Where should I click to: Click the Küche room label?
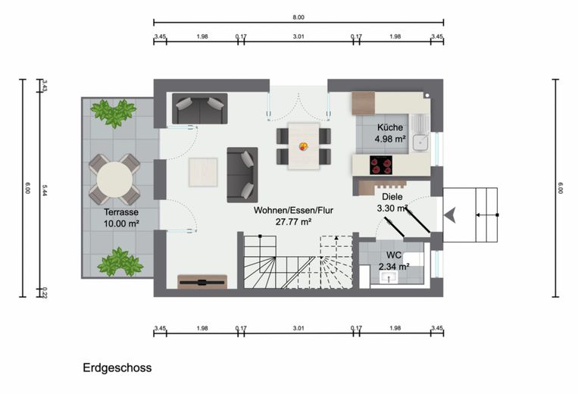[x=390, y=127]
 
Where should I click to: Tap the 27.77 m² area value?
[x=293, y=222]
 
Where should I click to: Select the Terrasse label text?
[x=121, y=212]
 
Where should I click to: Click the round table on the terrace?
[x=114, y=180]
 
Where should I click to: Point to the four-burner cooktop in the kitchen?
[x=381, y=164]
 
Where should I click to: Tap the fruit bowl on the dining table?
[x=303, y=146]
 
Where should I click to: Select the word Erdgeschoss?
[x=117, y=367]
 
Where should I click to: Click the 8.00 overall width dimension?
[x=298, y=17]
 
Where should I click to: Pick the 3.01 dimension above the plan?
[x=298, y=36]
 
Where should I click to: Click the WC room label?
[x=394, y=255]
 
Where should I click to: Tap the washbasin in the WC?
[x=388, y=277]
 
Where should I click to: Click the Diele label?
[x=392, y=197]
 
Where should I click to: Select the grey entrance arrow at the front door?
[x=450, y=215]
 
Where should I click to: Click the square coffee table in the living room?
[x=203, y=172]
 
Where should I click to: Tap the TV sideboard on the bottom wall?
[x=202, y=282]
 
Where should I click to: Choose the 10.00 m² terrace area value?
[x=121, y=224]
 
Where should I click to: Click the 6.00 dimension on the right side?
[x=561, y=188]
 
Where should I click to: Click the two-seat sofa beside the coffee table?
[x=242, y=175]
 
